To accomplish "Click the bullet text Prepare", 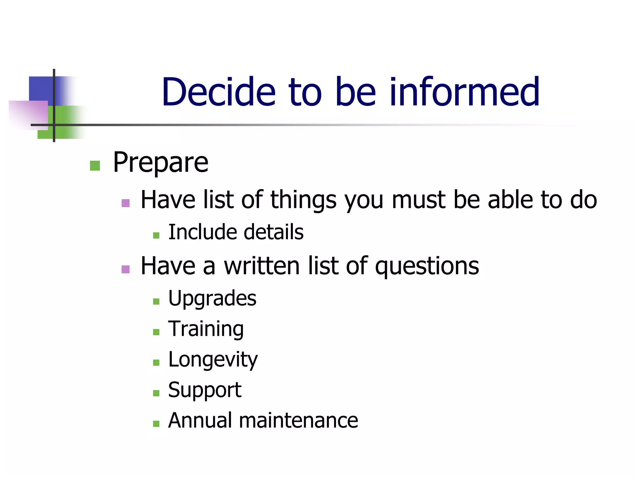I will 160,162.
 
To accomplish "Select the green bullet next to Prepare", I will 95,166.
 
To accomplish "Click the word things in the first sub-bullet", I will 303,200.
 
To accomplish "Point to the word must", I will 419,200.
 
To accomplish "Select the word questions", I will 427,266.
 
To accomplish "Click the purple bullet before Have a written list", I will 125,269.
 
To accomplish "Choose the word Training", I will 206,329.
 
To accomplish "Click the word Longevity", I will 213,360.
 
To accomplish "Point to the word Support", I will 205,390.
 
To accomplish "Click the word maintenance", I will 298,420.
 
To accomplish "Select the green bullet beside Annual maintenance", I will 156,424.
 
